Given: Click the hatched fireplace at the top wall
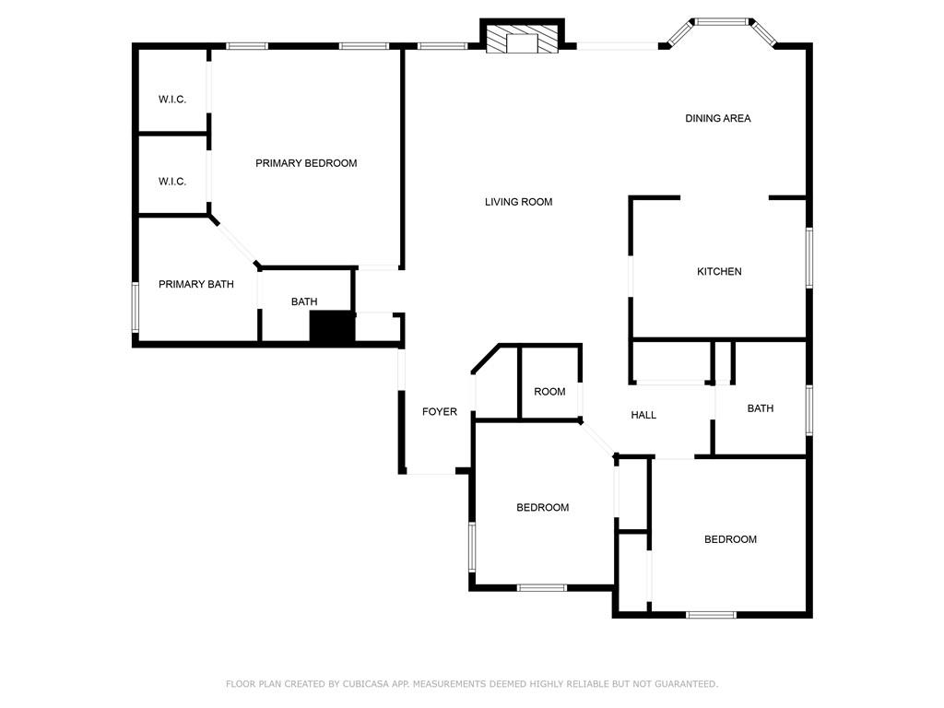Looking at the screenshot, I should (523, 40).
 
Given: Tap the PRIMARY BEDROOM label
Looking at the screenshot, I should (306, 163).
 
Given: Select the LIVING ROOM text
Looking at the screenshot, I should (518, 202).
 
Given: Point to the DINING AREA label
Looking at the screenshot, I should (717, 118).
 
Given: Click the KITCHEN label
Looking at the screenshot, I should (719, 272).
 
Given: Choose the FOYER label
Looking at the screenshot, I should (440, 412).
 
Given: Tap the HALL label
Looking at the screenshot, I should (643, 415).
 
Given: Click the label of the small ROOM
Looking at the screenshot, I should (549, 392).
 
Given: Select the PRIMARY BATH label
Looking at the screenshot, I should (196, 285).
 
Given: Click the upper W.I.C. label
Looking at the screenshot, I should (172, 100).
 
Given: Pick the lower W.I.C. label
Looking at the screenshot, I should (172, 182).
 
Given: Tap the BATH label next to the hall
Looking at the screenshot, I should (761, 408).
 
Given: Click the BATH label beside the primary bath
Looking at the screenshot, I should (304, 301).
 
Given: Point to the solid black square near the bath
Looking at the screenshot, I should (332, 328).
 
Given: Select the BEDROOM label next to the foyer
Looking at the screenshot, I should (542, 508).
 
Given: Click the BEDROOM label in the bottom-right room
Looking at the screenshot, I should (730, 539).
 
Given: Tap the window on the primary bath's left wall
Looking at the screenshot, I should (135, 307).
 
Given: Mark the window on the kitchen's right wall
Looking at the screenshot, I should (809, 258).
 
